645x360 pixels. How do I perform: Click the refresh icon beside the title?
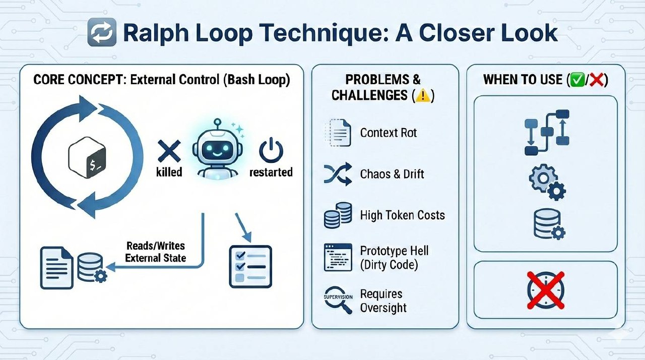pyautogui.click(x=102, y=33)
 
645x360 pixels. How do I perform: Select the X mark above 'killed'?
pyautogui.click(x=169, y=151)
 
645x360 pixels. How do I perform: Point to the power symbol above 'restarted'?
pyautogui.click(x=271, y=151)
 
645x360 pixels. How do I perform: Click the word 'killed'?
pyautogui.click(x=169, y=172)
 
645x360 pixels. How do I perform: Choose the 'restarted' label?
pyautogui.click(x=271, y=172)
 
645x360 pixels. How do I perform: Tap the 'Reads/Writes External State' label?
pyautogui.click(x=155, y=252)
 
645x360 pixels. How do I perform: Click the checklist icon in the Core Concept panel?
pyautogui.click(x=250, y=266)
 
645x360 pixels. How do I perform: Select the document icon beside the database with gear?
pyautogui.click(x=56, y=267)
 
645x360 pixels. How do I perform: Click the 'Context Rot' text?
pyautogui.click(x=389, y=133)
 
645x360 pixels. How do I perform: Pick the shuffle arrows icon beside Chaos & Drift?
pyautogui.click(x=337, y=174)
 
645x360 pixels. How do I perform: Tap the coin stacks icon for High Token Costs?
pyautogui.click(x=337, y=215)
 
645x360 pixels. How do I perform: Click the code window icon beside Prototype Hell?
pyautogui.click(x=337, y=257)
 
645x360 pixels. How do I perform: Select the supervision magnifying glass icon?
pyautogui.click(x=337, y=300)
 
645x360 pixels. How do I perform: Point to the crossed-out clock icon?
pyautogui.click(x=545, y=290)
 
